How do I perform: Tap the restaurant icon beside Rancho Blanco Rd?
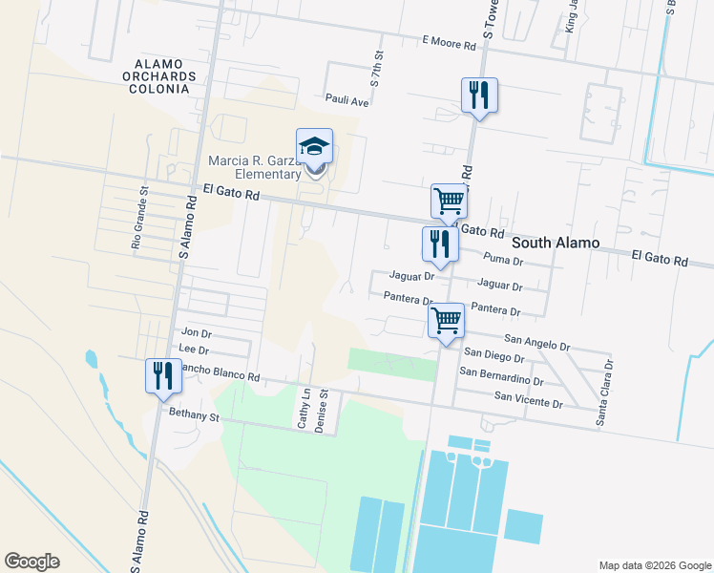coord(161,374)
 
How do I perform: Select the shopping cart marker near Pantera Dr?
coord(446,320)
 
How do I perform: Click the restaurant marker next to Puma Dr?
coord(440,244)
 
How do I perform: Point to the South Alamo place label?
coord(556,243)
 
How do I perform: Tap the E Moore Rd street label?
coord(450,43)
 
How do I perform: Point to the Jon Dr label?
coord(196,332)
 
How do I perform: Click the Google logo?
coord(31,562)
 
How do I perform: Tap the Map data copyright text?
coord(654,565)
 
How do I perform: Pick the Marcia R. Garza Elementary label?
coord(255,167)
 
